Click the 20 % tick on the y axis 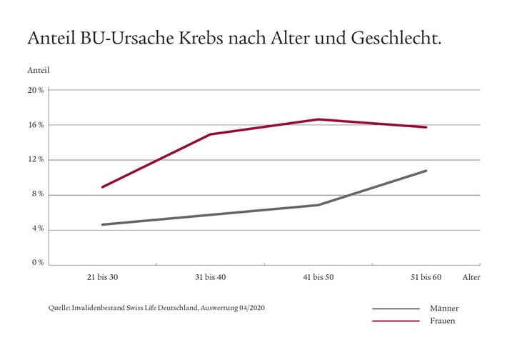[x=36, y=90]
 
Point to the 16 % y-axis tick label [x=36, y=125]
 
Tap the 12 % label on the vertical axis [x=36, y=159]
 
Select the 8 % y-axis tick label [x=36, y=194]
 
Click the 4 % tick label [x=36, y=229]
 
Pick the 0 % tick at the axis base [x=36, y=263]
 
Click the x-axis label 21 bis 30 [x=103, y=277]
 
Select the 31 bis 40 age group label [x=211, y=277]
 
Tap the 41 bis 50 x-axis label [x=318, y=277]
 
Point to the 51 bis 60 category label [x=426, y=277]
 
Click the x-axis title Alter [x=471, y=277]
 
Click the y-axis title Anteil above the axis [x=38, y=71]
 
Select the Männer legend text [x=444, y=309]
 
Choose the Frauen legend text [x=443, y=321]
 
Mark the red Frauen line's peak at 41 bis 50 [x=318, y=119]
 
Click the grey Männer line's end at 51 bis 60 [x=426, y=171]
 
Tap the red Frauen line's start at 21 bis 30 [x=103, y=187]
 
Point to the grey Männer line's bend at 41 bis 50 [x=318, y=205]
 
